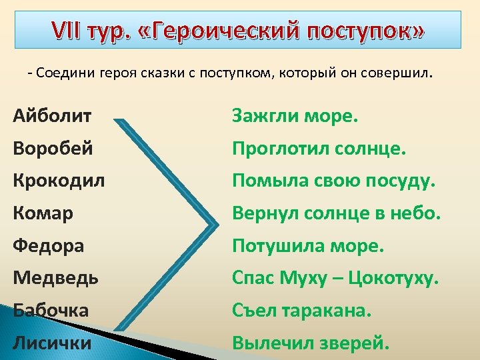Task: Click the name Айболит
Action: [53, 117]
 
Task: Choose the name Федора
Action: [49, 245]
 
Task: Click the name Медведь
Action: [55, 277]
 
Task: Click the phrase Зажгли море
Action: [295, 117]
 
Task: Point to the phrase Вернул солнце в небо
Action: [337, 213]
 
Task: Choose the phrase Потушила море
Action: [308, 245]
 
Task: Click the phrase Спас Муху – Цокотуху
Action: [335, 277]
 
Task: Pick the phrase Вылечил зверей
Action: [311, 343]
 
